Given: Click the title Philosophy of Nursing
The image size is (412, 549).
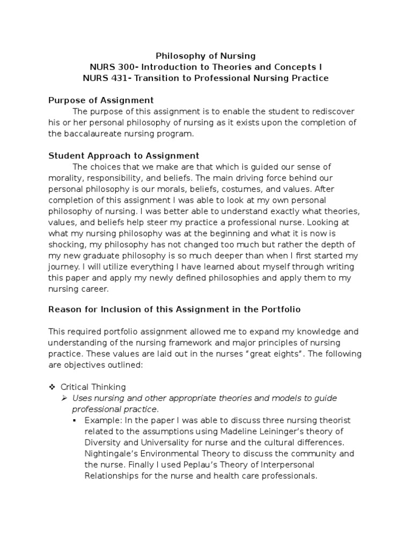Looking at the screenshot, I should click(205, 56).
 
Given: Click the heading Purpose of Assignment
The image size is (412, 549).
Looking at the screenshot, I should click(101, 100).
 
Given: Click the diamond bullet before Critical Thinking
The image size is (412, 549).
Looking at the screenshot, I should click(52, 387).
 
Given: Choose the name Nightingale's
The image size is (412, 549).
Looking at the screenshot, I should click(111, 454).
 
